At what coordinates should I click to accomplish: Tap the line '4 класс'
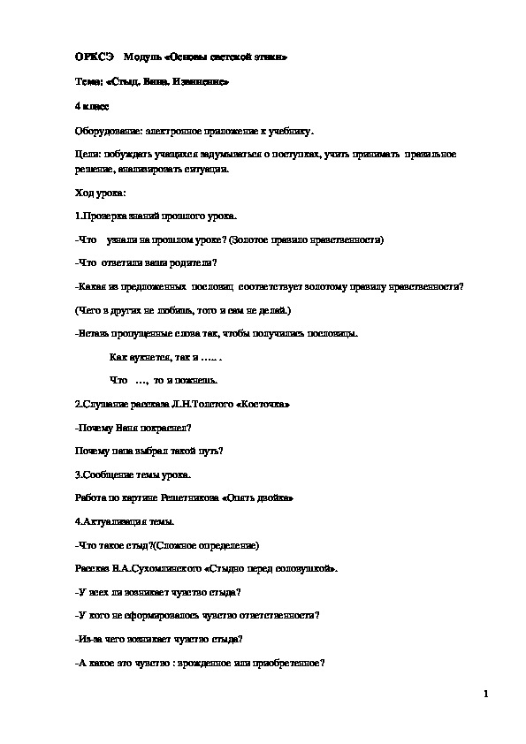coord(92,106)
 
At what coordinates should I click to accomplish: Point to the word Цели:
coord(88,155)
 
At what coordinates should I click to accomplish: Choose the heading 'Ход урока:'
coord(102,192)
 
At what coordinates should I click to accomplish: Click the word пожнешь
coord(195,380)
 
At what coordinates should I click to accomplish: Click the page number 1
coord(486,694)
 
